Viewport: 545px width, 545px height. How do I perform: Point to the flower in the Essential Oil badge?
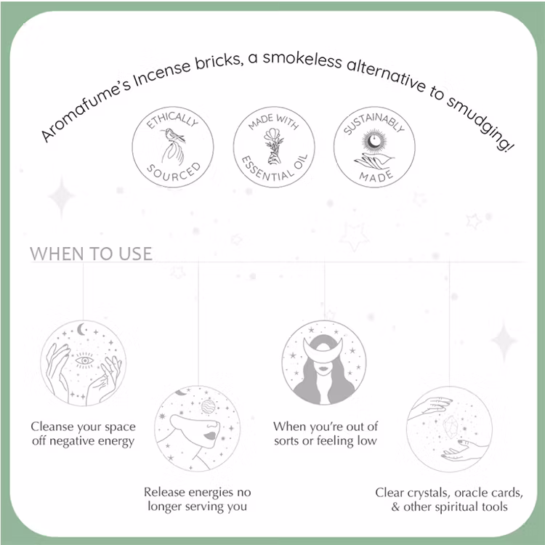pos(275,138)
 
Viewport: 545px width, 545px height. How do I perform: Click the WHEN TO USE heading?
pos(92,254)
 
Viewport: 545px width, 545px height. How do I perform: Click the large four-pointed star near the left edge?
pos(61,197)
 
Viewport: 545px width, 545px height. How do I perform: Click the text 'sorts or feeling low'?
pos(326,441)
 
